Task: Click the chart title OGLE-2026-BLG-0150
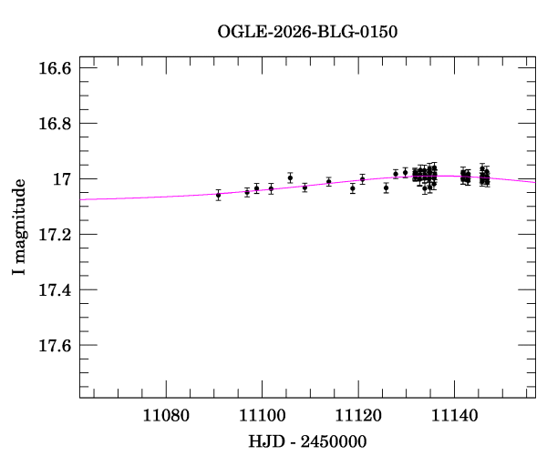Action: (307, 31)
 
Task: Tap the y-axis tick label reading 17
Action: (64, 179)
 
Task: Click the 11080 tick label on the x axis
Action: (165, 418)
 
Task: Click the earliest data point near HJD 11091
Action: (218, 195)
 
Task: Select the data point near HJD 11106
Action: (290, 177)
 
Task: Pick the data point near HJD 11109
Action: (304, 187)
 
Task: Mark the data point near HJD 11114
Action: (328, 181)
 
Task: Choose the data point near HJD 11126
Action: (387, 187)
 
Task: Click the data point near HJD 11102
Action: (271, 188)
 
